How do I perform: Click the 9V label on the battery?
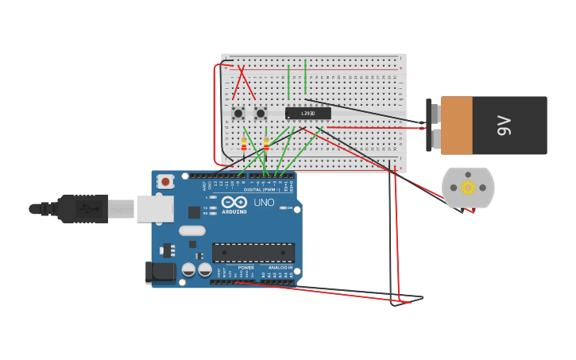coord(504,126)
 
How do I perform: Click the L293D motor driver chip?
coord(307,114)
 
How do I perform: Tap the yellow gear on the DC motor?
coord(468,188)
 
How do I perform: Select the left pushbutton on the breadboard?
coord(238,113)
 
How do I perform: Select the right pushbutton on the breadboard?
coord(261,113)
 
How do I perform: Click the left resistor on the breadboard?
coord(243,144)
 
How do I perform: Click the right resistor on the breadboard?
coord(266,144)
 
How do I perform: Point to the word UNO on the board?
coord(264,203)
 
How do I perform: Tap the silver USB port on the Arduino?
coord(154,208)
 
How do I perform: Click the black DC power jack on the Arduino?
coord(160,273)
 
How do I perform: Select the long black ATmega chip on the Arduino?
coord(253,253)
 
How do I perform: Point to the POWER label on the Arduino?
coord(246,268)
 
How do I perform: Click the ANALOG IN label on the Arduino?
coord(280,268)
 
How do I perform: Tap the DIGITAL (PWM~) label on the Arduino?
coord(258,190)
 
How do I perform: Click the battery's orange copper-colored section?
coord(457,126)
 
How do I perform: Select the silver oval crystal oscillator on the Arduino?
coord(191,230)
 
